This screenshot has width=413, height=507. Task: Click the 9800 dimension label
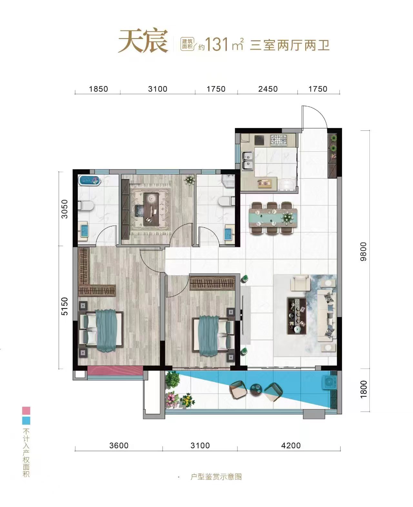coord(364,252)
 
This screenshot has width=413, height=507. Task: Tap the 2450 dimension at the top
coord(268,89)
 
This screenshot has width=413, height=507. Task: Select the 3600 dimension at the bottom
coord(119,445)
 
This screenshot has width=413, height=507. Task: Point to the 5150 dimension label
coord(65,306)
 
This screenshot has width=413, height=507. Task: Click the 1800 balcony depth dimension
coord(364,389)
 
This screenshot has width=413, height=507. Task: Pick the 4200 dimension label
coord(291,445)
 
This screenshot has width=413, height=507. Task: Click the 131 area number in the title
coord(216,45)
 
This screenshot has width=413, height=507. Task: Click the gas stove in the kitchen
coord(279,140)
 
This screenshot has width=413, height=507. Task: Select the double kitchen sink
coord(247,161)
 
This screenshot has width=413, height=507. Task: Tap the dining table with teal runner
coord(273,218)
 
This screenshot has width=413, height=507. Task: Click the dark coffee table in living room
coord(297,316)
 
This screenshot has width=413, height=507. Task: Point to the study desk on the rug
coord(151,209)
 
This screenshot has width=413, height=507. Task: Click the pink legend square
coord(26,410)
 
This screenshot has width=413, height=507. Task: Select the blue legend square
coord(26,421)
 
